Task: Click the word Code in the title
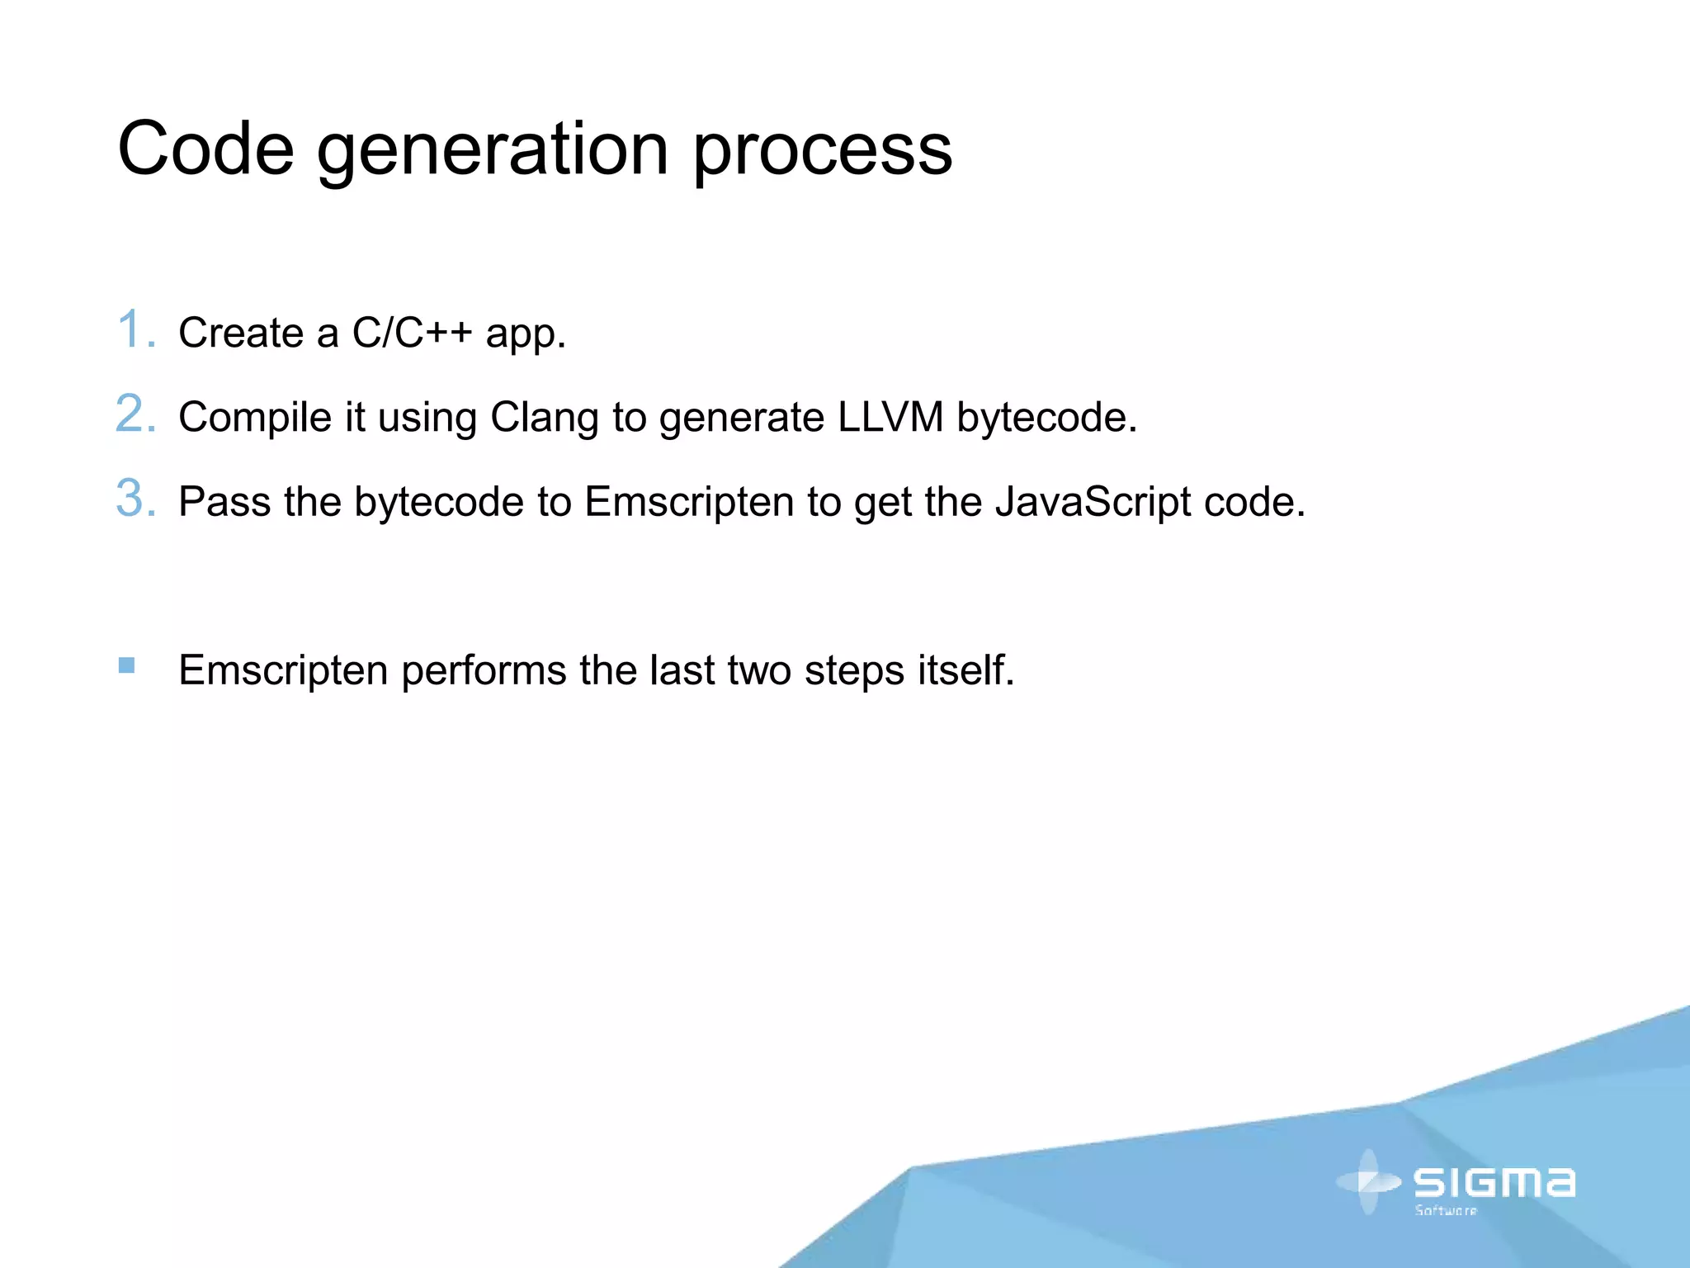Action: tap(206, 149)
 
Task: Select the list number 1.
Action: tap(135, 329)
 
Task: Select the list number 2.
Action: tap(135, 414)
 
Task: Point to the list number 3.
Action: tap(135, 498)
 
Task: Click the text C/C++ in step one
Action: tap(412, 333)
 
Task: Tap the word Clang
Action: tap(544, 418)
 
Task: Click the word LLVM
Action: tap(890, 416)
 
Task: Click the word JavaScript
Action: tap(1093, 502)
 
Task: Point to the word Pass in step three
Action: tap(224, 501)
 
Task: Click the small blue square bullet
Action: tap(126, 665)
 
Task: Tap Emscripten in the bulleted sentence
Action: tap(283, 670)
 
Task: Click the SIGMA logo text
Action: tap(1494, 1182)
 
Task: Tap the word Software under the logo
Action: tap(1446, 1211)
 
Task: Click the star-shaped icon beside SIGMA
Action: tap(1368, 1182)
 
